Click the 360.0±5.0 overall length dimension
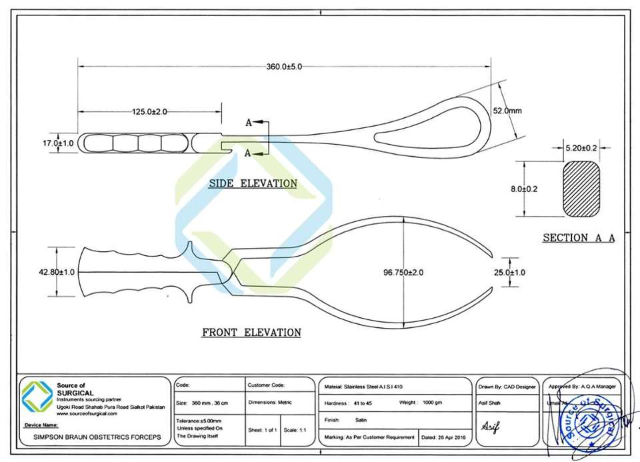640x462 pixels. (285, 67)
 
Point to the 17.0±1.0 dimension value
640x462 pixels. (57, 143)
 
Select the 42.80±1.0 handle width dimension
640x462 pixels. (57, 272)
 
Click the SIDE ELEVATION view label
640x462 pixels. (253, 183)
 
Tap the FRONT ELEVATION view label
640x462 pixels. (251, 332)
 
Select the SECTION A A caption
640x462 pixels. (578, 237)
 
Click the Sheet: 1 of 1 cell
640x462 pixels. (263, 431)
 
